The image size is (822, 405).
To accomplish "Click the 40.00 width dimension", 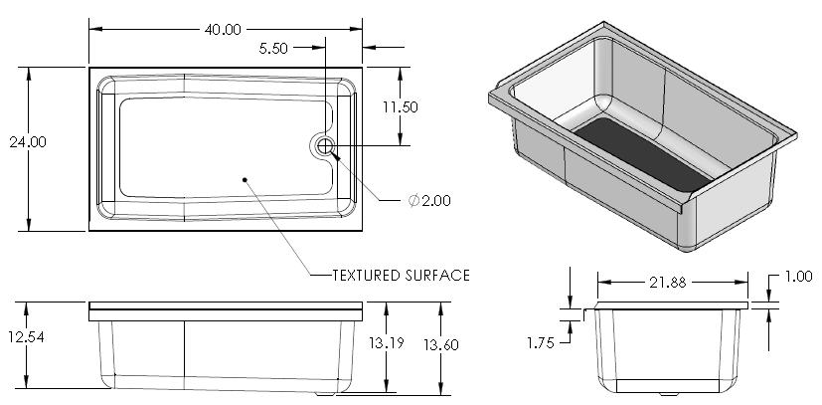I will tap(223, 29).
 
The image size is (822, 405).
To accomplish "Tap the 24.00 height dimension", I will tap(28, 141).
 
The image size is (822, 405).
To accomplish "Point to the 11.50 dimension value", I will tap(401, 106).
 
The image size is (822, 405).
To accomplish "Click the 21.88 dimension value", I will tap(666, 282).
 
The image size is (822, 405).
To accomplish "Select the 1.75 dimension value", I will tap(541, 342).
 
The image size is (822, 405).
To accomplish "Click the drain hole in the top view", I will tap(325, 147).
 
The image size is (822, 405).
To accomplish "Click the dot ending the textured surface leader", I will tap(245, 179).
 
